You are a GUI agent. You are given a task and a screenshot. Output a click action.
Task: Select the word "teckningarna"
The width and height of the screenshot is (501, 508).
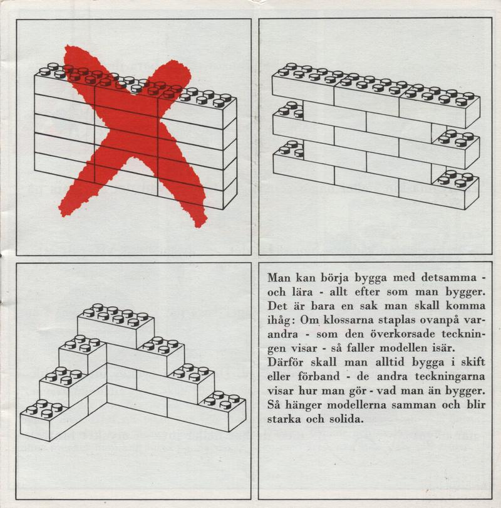pyautogui.click(x=450, y=377)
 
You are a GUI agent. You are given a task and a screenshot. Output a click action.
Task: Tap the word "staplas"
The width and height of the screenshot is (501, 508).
pyautogui.click(x=397, y=320)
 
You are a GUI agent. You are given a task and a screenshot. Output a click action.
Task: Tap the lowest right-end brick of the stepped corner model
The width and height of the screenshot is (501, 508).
pyautogui.click(x=222, y=411)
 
